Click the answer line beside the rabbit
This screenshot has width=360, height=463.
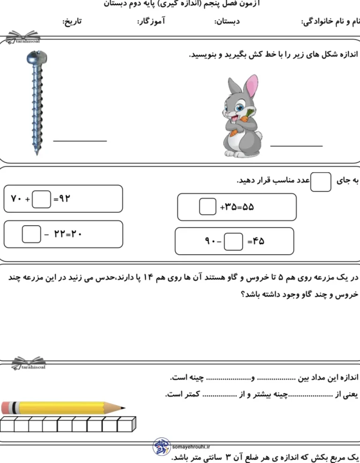pyautogui.click(x=296, y=146)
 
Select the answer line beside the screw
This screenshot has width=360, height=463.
pyautogui.click(x=80, y=140)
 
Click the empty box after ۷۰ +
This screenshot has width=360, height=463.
pyautogui.click(x=42, y=199)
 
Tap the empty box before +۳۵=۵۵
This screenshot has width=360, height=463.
pyautogui.click(x=207, y=207)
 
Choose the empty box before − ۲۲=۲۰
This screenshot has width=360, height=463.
pyautogui.click(x=31, y=234)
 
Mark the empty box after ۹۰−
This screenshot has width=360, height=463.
pyautogui.click(x=233, y=242)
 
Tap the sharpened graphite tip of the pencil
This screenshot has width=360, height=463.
pyautogui.click(x=123, y=408)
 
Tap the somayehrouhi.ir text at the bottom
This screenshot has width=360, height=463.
pyautogui.click(x=192, y=447)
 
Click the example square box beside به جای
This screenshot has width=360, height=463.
pyautogui.click(x=321, y=182)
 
